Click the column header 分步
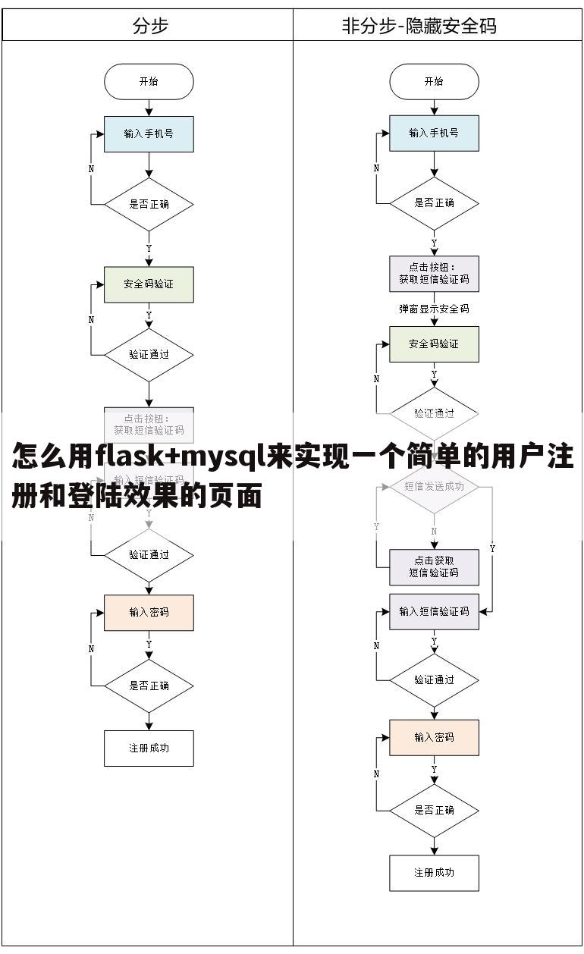pyautogui.click(x=149, y=26)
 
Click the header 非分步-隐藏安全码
pyautogui.click(x=419, y=26)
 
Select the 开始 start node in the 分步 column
pyautogui.click(x=149, y=82)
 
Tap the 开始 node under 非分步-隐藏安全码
pyautogui.click(x=434, y=82)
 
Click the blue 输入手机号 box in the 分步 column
pyautogui.click(x=149, y=133)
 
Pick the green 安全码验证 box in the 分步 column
pyautogui.click(x=149, y=284)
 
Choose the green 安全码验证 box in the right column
pyautogui.click(x=434, y=344)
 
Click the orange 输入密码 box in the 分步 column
pyautogui.click(x=149, y=613)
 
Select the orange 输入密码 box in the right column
pyautogui.click(x=434, y=737)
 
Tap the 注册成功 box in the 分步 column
pyautogui.click(x=149, y=748)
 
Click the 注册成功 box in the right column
pyautogui.click(x=434, y=873)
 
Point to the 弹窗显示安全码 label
pyautogui.click(x=434, y=309)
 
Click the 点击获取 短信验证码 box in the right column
pyautogui.click(x=434, y=567)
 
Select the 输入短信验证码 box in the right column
pyautogui.click(x=434, y=611)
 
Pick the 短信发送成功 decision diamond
pyautogui.click(x=434, y=487)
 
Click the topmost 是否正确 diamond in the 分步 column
pyautogui.click(x=149, y=204)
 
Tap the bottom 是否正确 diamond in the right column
pyautogui.click(x=434, y=810)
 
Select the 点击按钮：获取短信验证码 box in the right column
pyautogui.click(x=434, y=274)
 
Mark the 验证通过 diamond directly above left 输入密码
pyautogui.click(x=149, y=554)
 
